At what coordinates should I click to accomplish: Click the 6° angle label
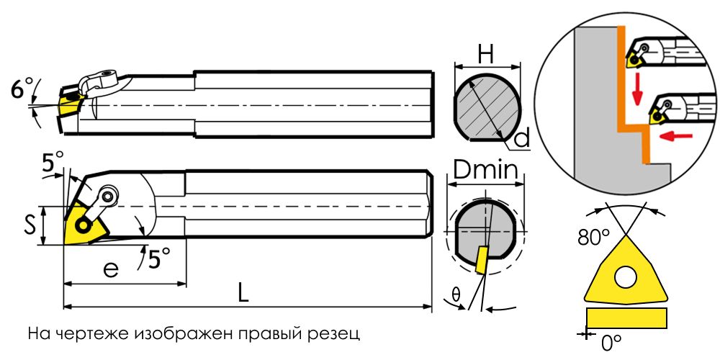pos(22,89)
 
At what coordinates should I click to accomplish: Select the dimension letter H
pos(485,55)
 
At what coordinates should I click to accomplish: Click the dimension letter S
pos(30,226)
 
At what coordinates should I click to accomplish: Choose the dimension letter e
pos(111,269)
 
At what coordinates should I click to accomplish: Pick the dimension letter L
pos(243,293)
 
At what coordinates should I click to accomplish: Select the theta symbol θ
pos(456,294)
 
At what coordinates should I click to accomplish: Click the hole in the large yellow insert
pos(626,277)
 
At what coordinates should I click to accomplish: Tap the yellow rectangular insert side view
pos(626,318)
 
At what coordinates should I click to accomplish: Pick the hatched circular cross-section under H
pos(487,108)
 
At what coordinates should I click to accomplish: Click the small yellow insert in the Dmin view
pos(482,261)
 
